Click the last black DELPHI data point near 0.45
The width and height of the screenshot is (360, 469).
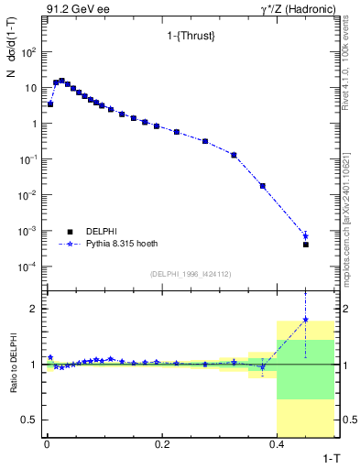(305, 245)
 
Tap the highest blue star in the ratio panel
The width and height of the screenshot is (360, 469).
(305, 320)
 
